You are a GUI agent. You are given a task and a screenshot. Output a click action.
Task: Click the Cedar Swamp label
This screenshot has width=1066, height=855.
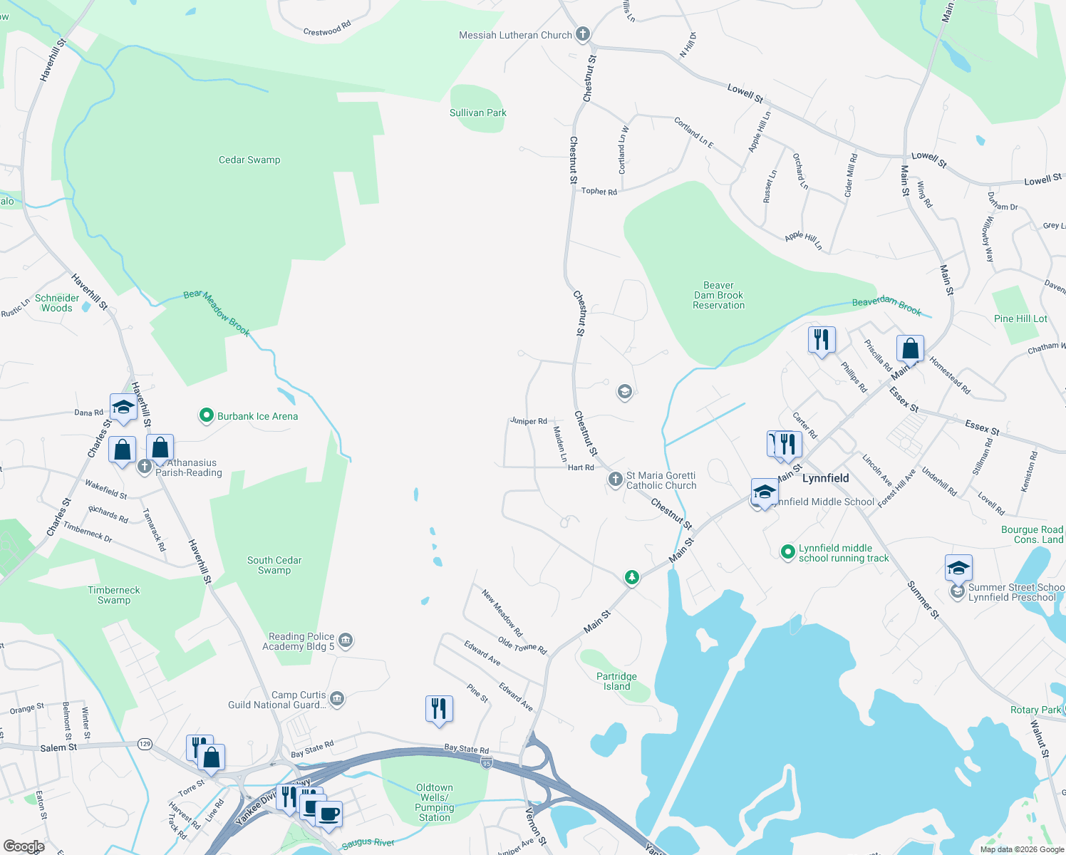coord(249,160)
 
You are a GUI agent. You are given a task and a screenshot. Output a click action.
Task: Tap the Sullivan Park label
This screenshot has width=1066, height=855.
coord(478,113)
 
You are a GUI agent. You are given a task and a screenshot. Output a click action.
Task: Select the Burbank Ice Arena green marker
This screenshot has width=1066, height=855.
coord(207,415)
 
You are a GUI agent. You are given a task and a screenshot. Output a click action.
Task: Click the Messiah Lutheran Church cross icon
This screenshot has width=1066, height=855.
coord(583,33)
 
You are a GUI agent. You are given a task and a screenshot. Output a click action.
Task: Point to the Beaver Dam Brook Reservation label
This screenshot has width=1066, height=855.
coord(718,295)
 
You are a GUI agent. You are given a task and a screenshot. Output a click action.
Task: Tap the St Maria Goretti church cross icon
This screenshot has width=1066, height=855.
coord(616,480)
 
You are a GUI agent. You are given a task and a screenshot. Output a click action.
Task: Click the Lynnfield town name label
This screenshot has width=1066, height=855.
coord(826,478)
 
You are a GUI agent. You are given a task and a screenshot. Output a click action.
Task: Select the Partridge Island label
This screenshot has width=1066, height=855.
coord(616,681)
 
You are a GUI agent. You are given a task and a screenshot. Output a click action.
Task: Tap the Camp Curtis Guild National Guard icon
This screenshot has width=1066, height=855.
coord(338,699)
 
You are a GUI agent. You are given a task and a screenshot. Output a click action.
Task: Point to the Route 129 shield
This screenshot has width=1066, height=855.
coord(145,744)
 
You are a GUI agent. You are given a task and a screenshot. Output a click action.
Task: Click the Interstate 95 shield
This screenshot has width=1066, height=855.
coord(487,763)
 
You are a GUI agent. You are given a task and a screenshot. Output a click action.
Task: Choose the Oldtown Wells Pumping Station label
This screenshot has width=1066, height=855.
coord(435,802)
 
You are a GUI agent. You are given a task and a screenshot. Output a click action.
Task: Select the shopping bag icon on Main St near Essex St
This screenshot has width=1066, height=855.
coord(910,349)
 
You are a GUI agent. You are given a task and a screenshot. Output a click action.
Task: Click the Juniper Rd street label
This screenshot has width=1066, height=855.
coord(529,421)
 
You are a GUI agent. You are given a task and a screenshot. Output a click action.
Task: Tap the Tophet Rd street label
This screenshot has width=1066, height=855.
coord(599,191)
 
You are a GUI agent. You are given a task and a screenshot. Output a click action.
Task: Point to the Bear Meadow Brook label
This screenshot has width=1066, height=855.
coord(217,313)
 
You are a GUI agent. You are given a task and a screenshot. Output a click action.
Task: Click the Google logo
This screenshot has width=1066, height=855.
coord(24,846)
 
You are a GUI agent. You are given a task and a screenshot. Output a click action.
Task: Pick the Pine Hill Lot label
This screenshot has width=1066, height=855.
coord(1020,318)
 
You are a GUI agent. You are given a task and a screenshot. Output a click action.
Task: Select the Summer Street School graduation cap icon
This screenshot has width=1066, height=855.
coord(958,568)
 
